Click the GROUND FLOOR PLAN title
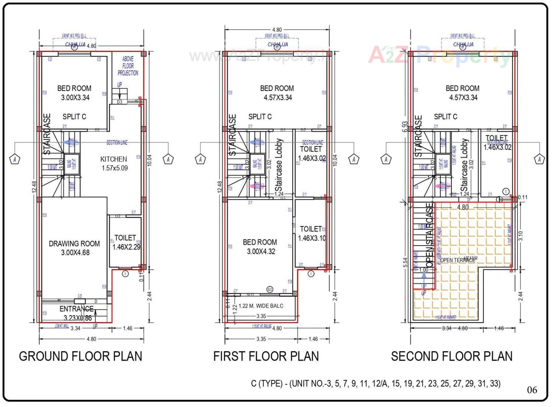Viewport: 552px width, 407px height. click(80, 356)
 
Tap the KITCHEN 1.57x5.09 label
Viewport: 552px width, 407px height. click(114, 164)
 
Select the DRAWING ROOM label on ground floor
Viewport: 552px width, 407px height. click(74, 248)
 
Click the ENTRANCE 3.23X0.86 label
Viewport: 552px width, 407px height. click(77, 313)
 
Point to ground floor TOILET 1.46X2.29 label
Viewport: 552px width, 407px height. click(126, 242)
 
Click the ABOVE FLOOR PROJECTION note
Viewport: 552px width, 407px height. click(128, 66)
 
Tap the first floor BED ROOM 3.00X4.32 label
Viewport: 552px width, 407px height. click(260, 247)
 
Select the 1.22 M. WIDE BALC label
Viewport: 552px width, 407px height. click(261, 306)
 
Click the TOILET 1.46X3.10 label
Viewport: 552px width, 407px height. click(311, 233)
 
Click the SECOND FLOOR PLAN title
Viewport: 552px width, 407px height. click(452, 356)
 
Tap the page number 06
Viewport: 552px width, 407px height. click(532, 390)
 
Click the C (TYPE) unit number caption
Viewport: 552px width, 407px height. click(375, 383)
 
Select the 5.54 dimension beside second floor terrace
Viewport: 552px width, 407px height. click(405, 262)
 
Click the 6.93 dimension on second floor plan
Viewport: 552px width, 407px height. click(405, 127)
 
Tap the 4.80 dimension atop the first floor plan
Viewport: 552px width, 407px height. click(277, 30)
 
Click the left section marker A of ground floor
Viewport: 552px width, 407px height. click(15, 159)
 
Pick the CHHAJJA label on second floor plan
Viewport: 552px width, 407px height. click(463, 45)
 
